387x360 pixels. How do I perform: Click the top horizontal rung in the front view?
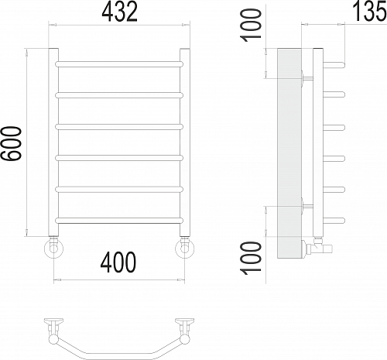click(x=120, y=62)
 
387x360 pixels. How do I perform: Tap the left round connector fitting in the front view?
click(x=53, y=248)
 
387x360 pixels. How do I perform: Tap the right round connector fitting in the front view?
click(x=186, y=248)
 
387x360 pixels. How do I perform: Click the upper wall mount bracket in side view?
click(x=305, y=77)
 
